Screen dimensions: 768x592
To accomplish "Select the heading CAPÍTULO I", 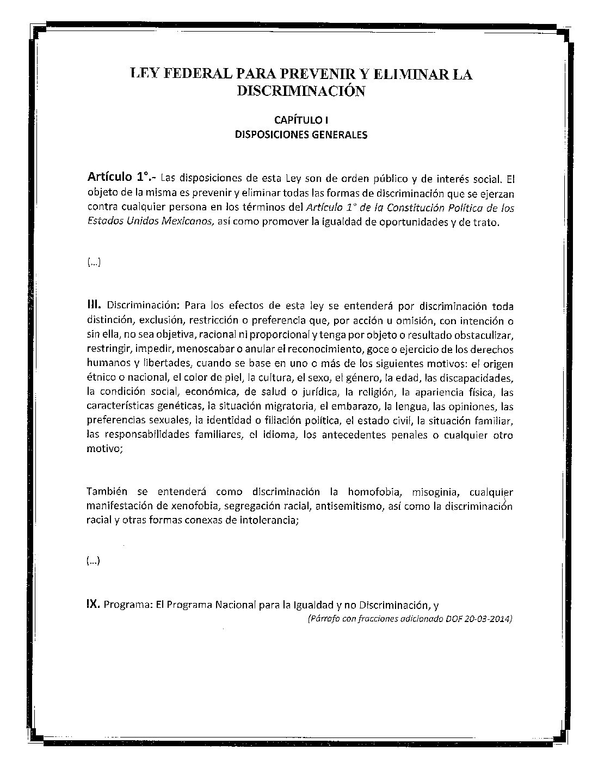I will click(x=300, y=120).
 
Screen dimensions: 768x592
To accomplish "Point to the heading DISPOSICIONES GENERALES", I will click(x=300, y=135).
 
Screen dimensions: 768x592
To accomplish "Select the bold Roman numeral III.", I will click(x=95, y=306).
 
